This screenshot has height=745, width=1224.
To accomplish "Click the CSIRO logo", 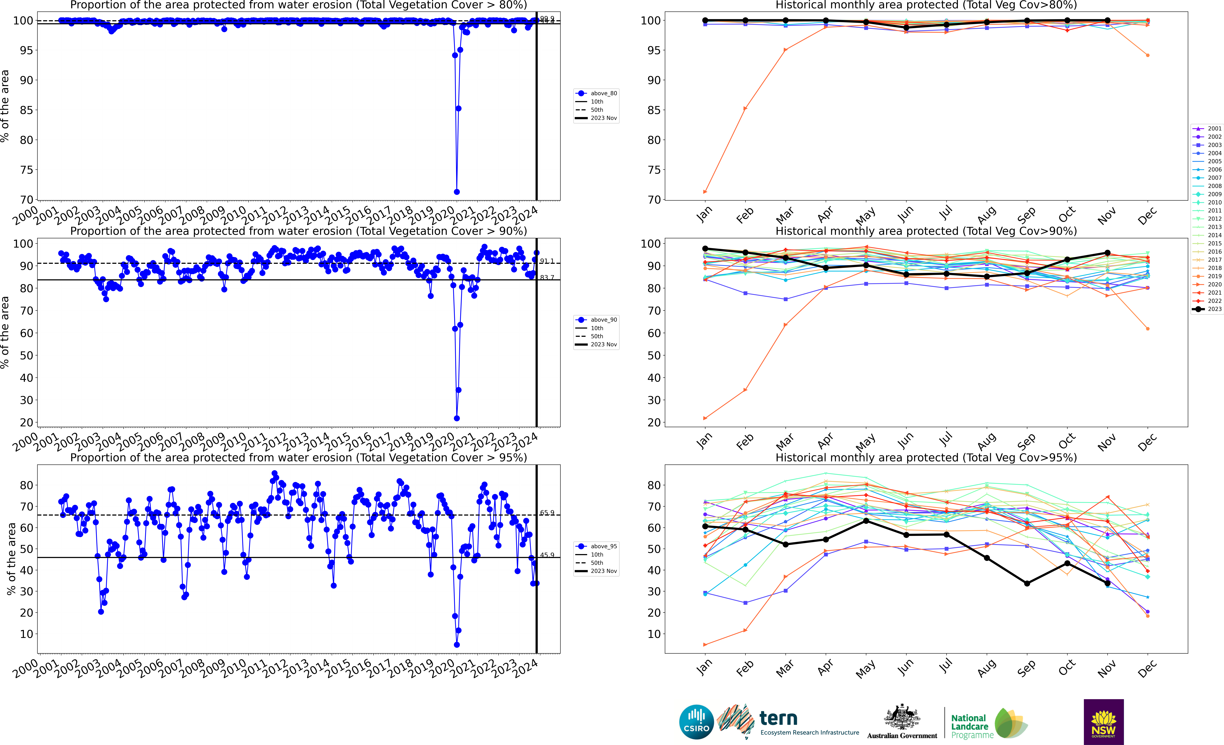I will (x=696, y=722).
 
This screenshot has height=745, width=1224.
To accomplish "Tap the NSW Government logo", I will (x=1103, y=722).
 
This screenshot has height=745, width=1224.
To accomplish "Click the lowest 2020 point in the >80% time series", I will (x=457, y=192).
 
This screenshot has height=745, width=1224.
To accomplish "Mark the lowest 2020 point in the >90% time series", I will (x=457, y=418).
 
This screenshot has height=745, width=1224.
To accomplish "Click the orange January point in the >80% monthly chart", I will (x=705, y=192).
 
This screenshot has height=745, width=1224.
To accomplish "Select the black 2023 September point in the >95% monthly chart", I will (x=1027, y=584).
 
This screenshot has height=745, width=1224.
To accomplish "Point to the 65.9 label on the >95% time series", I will (x=547, y=513).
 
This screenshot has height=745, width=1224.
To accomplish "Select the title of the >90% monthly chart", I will (x=926, y=231).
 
